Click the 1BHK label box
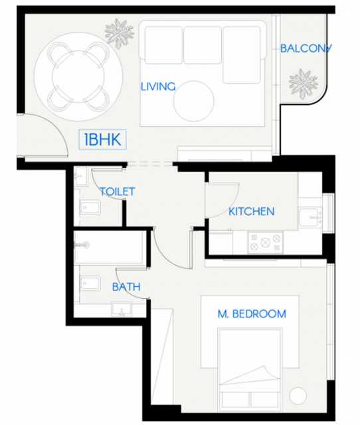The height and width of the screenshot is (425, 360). [x=102, y=139]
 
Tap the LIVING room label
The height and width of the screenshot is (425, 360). [x=158, y=87]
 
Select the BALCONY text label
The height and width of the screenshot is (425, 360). [x=306, y=48]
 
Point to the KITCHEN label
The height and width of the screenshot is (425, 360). [x=252, y=211]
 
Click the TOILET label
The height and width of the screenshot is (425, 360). [x=118, y=192]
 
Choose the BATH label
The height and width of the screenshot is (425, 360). [x=126, y=287]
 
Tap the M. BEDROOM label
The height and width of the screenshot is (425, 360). [x=252, y=314]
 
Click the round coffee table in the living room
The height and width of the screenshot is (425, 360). [x=194, y=101]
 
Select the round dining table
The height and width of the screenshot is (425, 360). [x=78, y=76]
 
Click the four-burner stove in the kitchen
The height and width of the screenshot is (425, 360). [x=265, y=242]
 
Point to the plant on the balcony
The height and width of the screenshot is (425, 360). [x=303, y=84]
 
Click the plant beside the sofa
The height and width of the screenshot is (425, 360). [x=120, y=33]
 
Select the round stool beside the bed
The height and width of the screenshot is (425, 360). [x=298, y=396]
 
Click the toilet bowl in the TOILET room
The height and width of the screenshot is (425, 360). [x=90, y=208]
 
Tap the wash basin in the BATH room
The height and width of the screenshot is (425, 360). [x=122, y=309]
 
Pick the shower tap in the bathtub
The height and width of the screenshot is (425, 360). [x=82, y=245]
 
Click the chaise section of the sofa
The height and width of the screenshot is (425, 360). [x=242, y=54]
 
